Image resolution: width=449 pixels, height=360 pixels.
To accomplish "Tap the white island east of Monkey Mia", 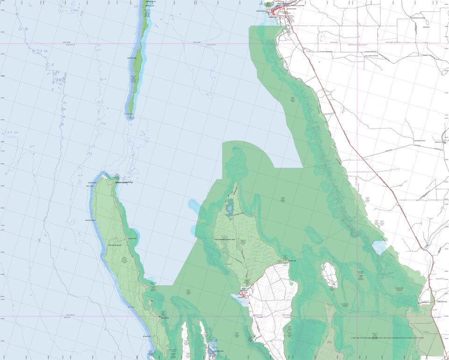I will click(x=330, y=275).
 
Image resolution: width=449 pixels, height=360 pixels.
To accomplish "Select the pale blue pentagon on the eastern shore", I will click(x=379, y=247).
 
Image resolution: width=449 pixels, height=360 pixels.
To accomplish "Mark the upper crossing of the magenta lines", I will click(x=357, y=44).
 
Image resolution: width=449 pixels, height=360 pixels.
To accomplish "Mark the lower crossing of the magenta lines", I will click(x=357, y=316).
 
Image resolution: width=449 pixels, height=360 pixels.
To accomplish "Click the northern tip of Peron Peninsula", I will click(x=236, y=183).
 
